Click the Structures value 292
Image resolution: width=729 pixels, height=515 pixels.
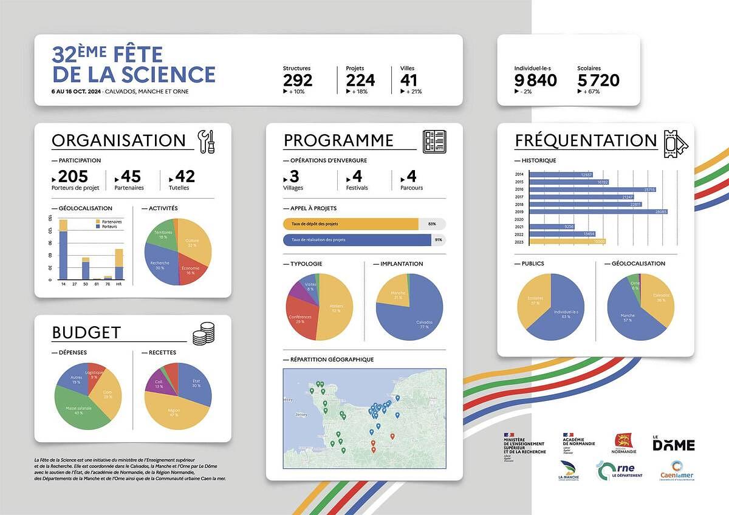coord(298,80)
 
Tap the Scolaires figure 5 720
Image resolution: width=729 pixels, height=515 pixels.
coord(598,80)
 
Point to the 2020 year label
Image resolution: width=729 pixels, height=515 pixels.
coord(519,219)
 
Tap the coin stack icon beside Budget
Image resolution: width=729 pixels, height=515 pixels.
coord(204,333)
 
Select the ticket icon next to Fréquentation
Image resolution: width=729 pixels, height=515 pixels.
coord(675,142)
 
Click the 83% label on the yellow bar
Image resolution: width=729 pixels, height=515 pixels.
coord(432,224)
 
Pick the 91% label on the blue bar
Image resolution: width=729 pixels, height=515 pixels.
coord(438,240)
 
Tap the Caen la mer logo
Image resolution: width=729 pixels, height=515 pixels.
coord(677,471)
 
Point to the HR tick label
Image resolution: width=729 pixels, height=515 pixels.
coord(119,284)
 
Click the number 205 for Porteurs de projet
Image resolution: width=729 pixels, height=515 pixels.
coord(73,177)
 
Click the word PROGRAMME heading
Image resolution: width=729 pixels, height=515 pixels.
coord(338,141)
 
